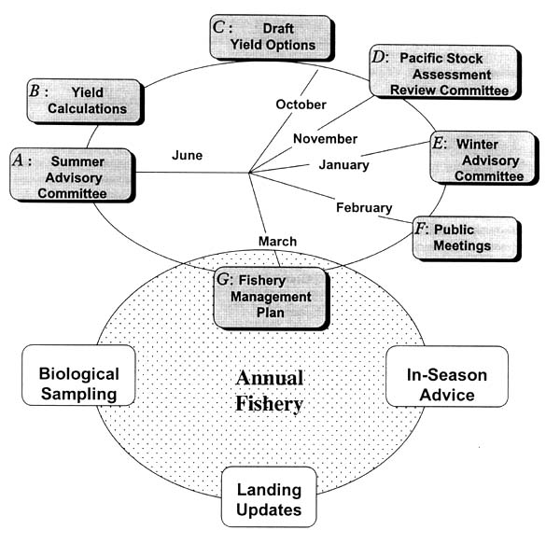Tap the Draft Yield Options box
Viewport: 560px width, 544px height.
[271, 37]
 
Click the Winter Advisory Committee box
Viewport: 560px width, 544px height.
[483, 160]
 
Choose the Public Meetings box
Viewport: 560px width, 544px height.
[465, 239]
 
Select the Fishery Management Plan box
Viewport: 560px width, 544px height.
[271, 297]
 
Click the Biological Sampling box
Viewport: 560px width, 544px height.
[78, 384]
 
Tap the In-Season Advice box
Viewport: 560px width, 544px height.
[446, 377]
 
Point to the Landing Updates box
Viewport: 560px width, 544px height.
[269, 499]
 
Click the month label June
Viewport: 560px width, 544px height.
[187, 156]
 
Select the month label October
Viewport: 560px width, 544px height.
[301, 104]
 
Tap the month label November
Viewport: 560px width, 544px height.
[325, 139]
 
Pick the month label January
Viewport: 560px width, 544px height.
[343, 165]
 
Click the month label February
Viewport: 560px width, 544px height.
[364, 207]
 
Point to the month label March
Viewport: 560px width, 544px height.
[277, 242]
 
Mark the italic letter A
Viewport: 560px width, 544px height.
[18, 160]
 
